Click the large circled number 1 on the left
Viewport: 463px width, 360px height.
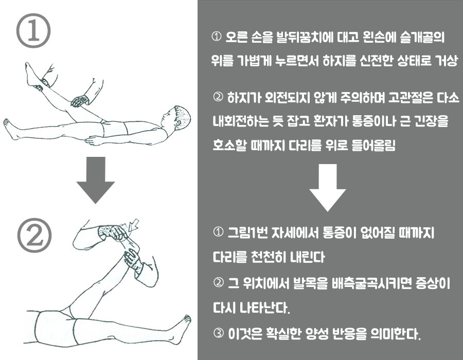pos(33,30)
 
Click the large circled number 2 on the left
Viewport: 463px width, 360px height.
pos(34,236)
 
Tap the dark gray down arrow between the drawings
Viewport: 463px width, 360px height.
pos(95,180)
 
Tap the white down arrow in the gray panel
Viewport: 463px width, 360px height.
pos(328,187)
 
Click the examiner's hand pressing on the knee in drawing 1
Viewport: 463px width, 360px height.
pos(80,100)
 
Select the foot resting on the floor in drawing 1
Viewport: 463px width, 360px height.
pos(11,129)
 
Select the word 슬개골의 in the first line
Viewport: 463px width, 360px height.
pos(422,38)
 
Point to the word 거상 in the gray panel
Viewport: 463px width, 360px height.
pos(446,61)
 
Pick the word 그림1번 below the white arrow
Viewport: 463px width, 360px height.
pos(248,233)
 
